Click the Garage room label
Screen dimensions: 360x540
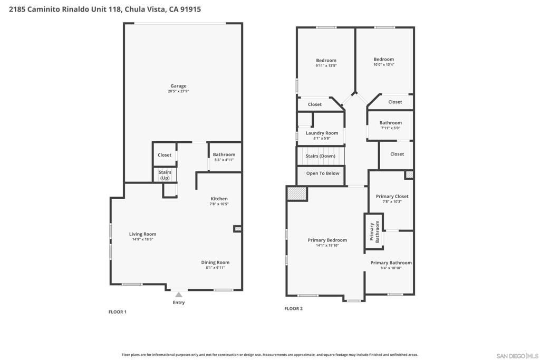tap(178, 86)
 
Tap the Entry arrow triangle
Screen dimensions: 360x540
tap(179, 295)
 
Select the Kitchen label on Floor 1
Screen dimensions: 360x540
tap(219, 199)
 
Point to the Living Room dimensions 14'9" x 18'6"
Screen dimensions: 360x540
tap(142, 239)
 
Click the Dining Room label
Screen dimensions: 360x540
tap(215, 262)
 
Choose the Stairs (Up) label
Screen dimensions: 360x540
tap(165, 175)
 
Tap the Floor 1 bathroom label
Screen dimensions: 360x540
tap(224, 154)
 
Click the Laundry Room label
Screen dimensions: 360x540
tap(322, 133)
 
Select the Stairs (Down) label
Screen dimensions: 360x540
tap(320, 156)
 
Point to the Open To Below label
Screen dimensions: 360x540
tap(323, 173)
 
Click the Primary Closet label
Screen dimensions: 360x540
tap(392, 197)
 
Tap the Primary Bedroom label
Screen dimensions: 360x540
tap(327, 240)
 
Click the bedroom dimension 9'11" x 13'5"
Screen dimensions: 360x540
tap(326, 66)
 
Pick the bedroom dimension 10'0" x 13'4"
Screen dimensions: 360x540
tap(383, 65)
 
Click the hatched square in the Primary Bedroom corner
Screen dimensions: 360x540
tap(297, 193)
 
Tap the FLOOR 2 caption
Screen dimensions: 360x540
tap(293, 309)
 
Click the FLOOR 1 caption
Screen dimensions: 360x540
tap(117, 312)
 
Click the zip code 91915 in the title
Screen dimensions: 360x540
tap(190, 9)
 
